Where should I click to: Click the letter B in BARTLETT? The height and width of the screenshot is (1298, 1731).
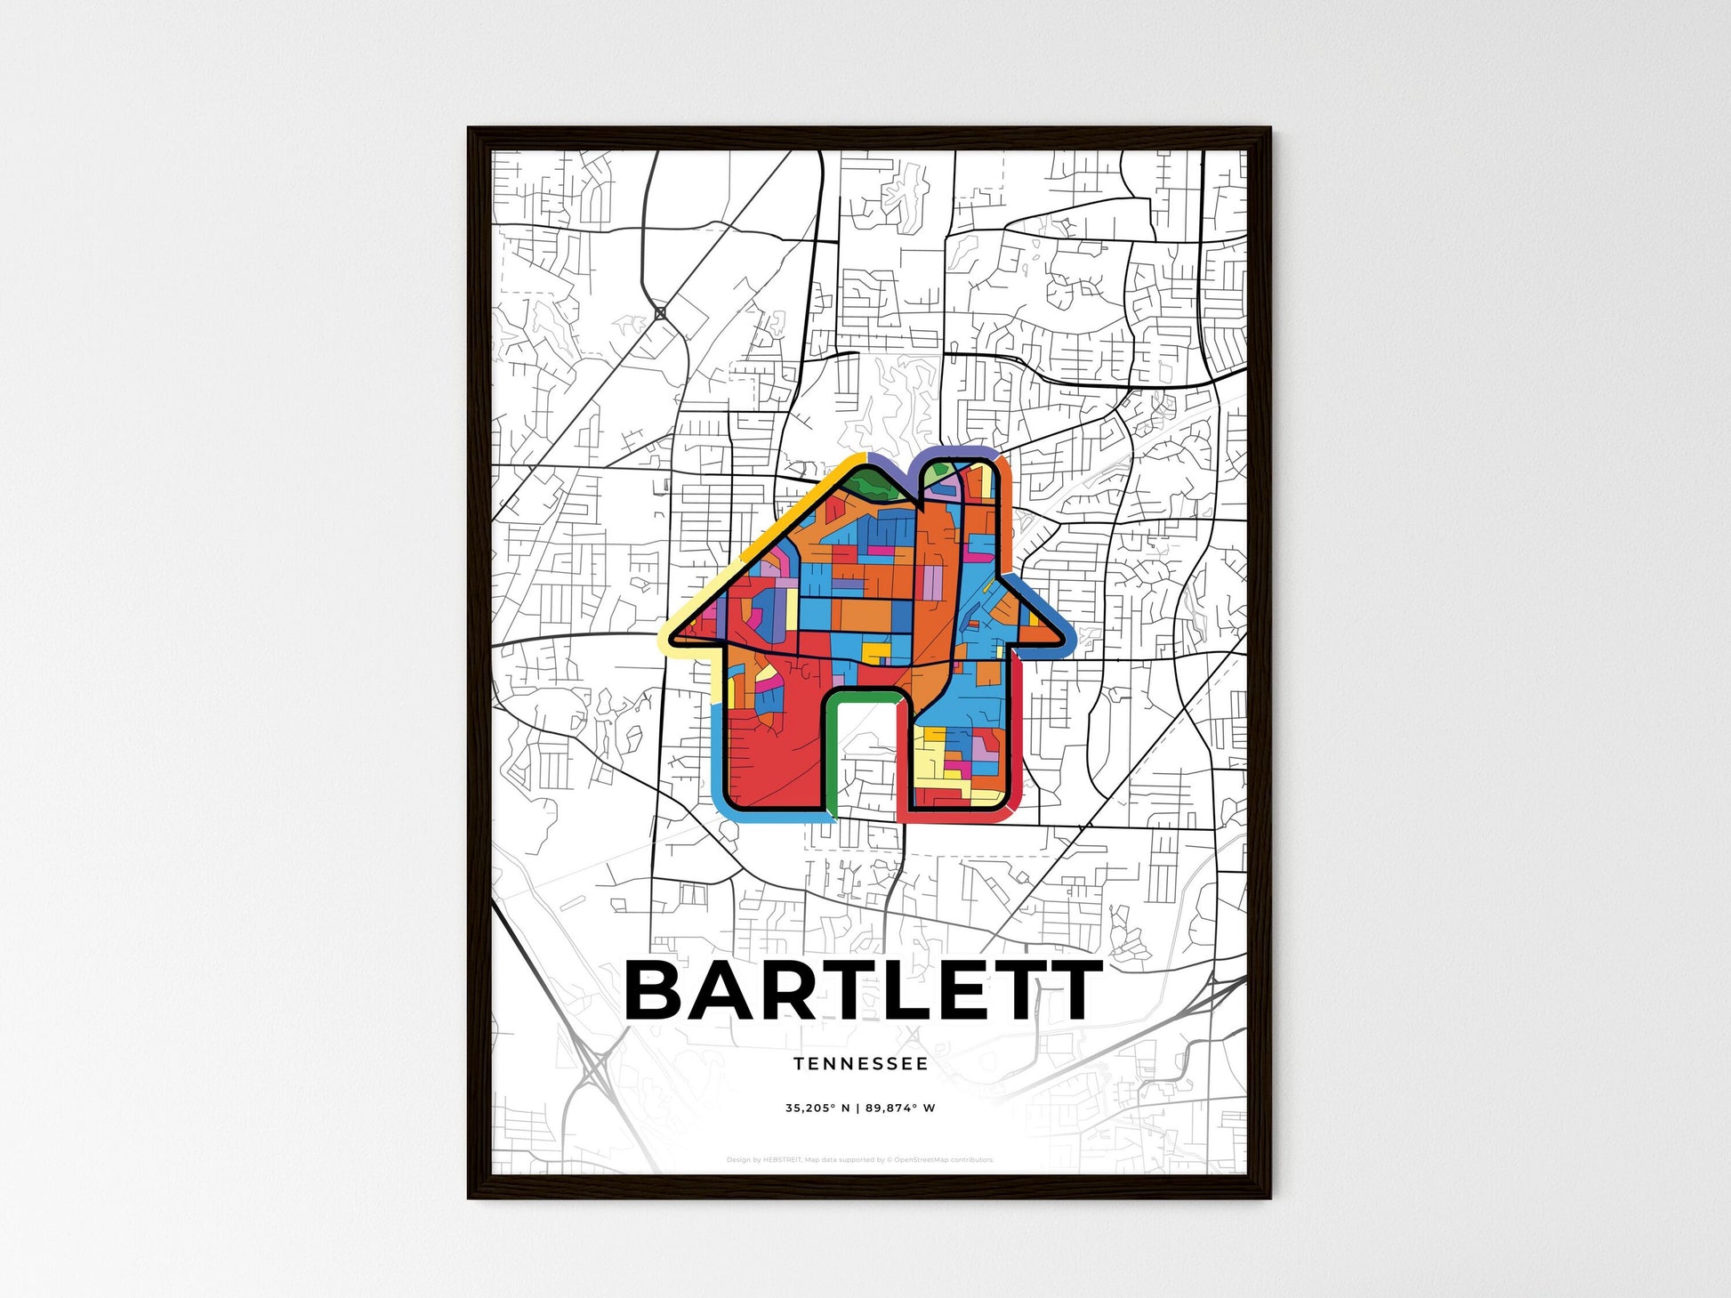point(661,990)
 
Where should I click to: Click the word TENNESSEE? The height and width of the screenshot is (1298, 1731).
point(860,1064)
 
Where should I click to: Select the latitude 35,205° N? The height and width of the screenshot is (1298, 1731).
point(817,1109)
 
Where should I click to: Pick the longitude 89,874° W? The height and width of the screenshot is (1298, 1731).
point(900,1109)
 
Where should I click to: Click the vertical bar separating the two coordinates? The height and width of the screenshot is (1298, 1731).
point(859,1109)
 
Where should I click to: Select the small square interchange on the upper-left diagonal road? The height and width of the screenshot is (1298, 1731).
point(660,313)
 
